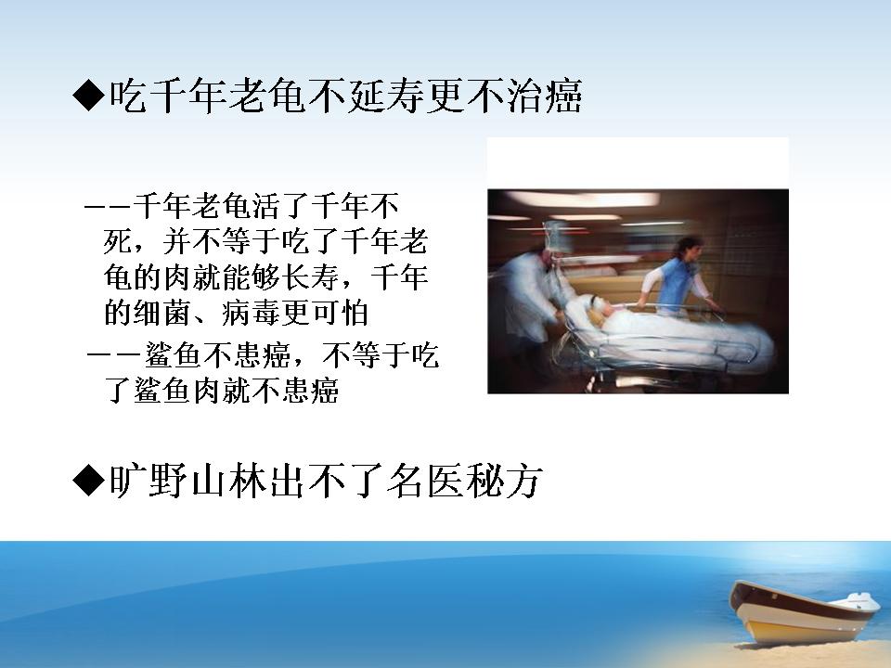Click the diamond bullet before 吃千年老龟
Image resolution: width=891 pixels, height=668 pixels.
point(89,95)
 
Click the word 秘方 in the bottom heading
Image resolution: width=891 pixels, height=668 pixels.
point(503,481)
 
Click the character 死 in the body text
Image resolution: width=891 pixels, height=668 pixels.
point(118,242)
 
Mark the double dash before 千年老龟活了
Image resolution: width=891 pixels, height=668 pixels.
point(108,207)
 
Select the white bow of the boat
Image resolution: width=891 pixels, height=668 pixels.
point(862,601)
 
